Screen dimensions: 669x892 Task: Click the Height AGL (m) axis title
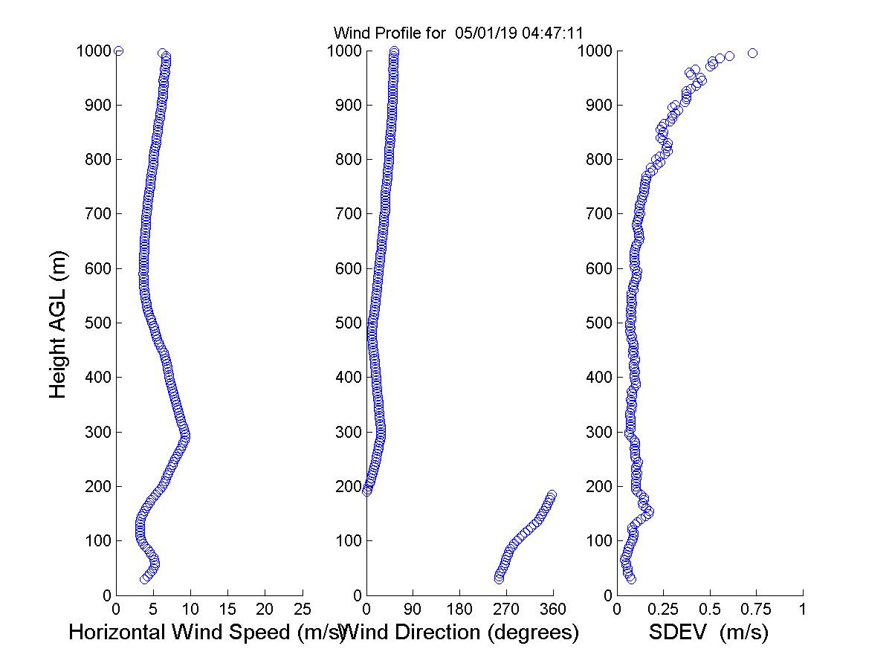pos(59,323)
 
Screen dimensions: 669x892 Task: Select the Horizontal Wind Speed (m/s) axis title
pos(207,633)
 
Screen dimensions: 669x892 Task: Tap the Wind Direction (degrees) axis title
pos(462,633)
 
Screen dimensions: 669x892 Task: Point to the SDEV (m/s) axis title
pos(708,633)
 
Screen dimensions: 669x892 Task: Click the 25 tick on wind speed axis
pos(303,610)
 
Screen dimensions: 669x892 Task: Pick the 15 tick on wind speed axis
pos(228,610)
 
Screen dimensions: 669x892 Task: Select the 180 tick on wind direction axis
pos(459,610)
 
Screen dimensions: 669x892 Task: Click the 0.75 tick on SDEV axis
pos(756,610)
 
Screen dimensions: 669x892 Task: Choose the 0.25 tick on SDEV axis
pos(663,610)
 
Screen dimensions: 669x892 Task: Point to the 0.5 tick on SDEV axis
pos(710,610)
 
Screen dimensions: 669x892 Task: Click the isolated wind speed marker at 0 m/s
pos(118,51)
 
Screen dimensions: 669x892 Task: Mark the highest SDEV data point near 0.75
pos(752,53)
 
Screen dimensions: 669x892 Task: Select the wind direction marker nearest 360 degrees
pos(552,495)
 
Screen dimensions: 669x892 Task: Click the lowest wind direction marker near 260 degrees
pos(499,579)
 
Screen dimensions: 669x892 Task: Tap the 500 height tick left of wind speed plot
pos(96,323)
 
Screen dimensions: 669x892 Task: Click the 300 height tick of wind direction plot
pos(346,432)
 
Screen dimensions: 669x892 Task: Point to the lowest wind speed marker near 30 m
pos(144,579)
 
